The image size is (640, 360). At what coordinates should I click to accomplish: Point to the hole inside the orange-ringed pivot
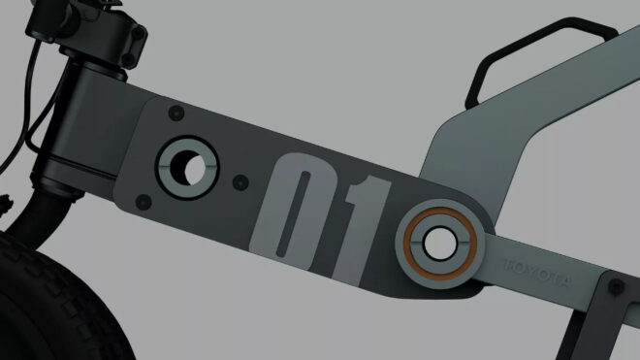pos(439,243)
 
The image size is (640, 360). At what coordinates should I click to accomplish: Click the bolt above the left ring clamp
pos(176,113)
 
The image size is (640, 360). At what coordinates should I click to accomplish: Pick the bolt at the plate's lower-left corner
pos(144,202)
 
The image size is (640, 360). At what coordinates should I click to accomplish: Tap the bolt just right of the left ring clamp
pos(240,182)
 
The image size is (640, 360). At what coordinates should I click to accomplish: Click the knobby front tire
pos(53,303)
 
